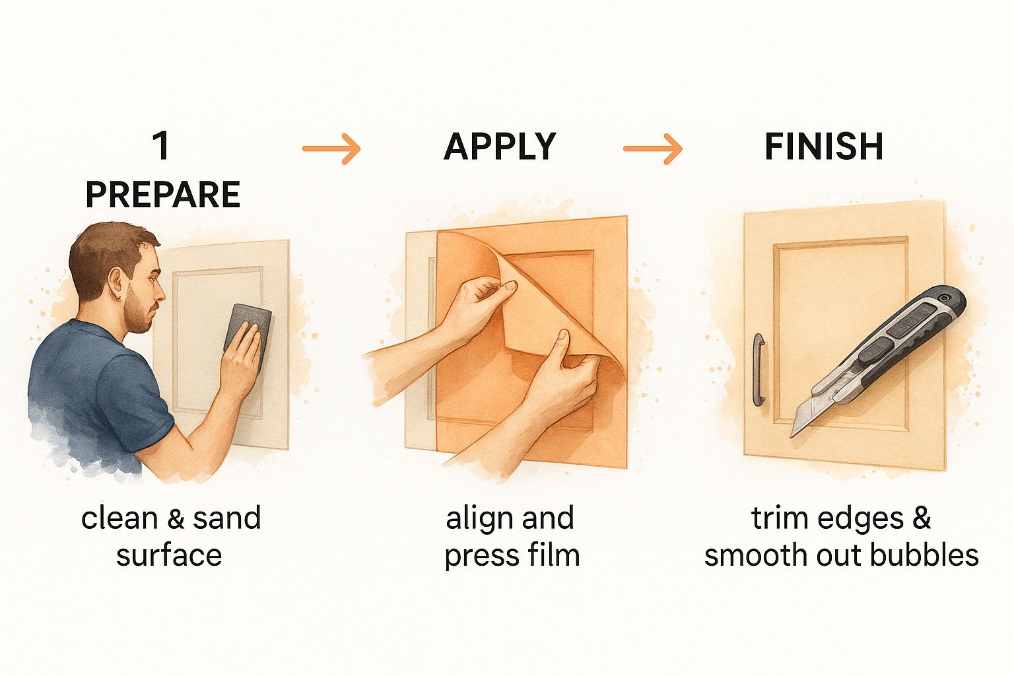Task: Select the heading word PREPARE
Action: pyautogui.click(x=163, y=194)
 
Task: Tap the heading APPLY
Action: pyautogui.click(x=500, y=147)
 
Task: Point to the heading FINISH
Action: pyautogui.click(x=824, y=147)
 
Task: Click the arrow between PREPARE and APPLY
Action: pyautogui.click(x=331, y=149)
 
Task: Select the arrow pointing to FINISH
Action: pyautogui.click(x=653, y=149)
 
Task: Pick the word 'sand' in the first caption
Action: pyautogui.click(x=226, y=518)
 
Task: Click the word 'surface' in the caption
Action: pyautogui.click(x=169, y=556)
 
